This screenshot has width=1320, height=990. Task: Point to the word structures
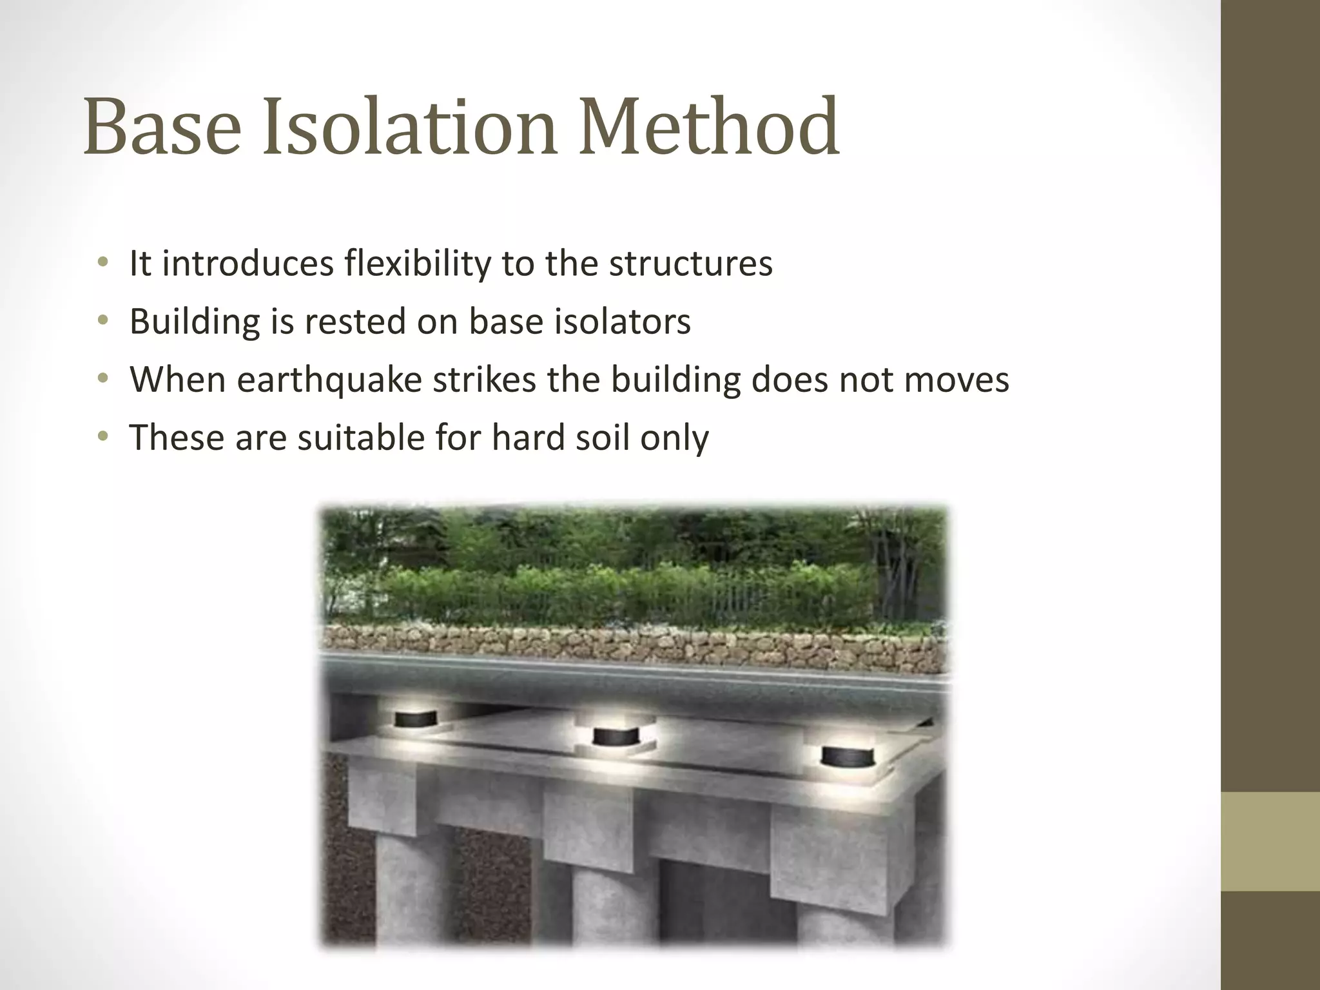click(x=690, y=264)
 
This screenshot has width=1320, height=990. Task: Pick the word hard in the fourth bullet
click(x=519, y=438)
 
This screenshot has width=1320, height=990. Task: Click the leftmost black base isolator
click(x=415, y=717)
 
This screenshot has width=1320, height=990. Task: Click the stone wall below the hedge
click(x=632, y=645)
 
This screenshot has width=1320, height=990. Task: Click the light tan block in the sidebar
click(x=1270, y=841)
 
